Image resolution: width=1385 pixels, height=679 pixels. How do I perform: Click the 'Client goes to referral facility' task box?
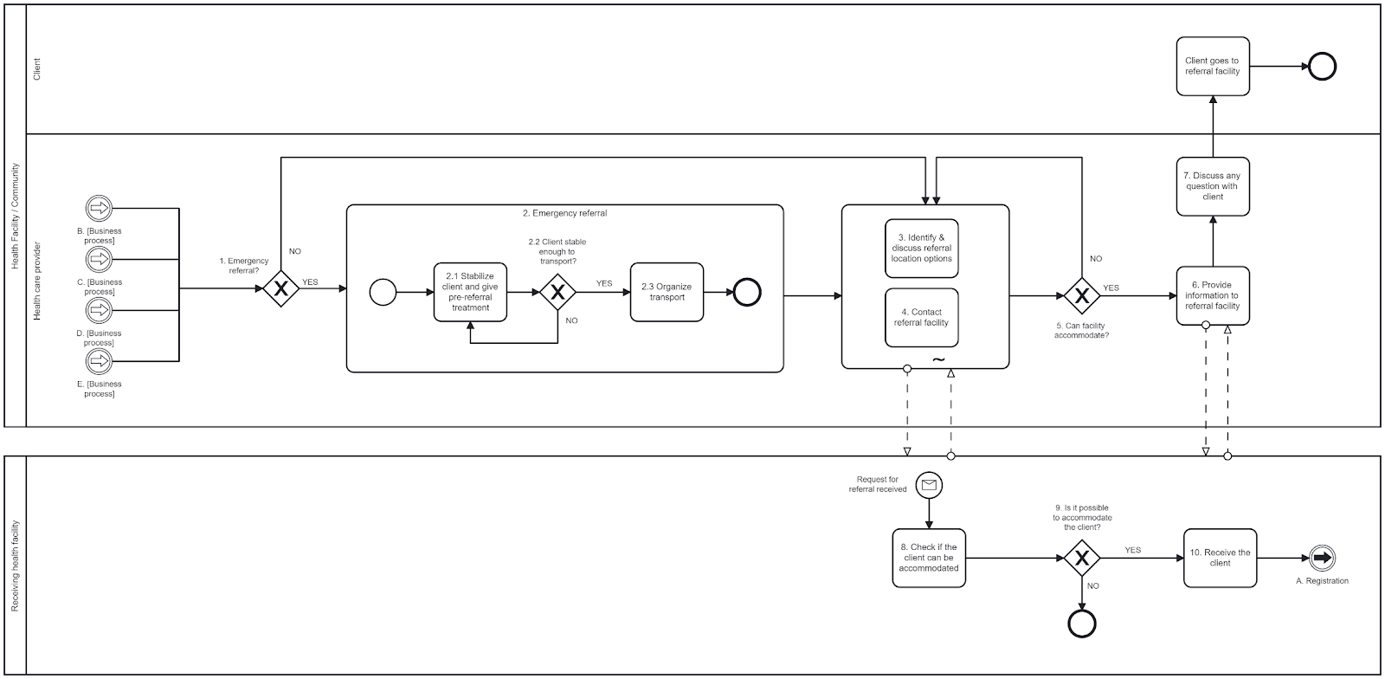(1212, 66)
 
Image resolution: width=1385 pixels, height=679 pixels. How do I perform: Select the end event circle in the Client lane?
(1322, 66)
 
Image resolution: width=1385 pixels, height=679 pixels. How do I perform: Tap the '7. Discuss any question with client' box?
(1212, 186)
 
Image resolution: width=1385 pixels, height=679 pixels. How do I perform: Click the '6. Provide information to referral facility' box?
(1212, 295)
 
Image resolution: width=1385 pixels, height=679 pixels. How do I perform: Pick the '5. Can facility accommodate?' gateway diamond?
(1081, 295)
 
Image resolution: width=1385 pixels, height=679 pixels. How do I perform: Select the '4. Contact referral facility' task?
(921, 317)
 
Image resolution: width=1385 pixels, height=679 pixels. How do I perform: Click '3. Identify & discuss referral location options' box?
(921, 248)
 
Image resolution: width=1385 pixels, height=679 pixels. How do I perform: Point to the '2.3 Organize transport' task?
(667, 292)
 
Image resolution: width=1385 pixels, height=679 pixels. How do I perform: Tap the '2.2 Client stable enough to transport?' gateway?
(557, 292)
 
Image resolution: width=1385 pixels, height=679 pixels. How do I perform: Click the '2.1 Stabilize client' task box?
(470, 292)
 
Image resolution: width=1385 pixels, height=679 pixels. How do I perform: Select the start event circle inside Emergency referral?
(383, 292)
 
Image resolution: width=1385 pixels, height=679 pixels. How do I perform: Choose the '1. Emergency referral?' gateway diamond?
(280, 288)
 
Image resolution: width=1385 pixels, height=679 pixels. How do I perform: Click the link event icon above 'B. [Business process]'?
(100, 208)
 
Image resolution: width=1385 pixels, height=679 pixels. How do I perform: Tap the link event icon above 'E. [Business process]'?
(100, 360)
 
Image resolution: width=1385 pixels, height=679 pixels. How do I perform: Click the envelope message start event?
(929, 485)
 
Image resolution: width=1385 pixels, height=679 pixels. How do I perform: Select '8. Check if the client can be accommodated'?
(929, 558)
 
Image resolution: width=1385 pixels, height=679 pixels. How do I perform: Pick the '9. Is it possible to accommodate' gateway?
(1081, 558)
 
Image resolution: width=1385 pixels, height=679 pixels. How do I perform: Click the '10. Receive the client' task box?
(1220, 558)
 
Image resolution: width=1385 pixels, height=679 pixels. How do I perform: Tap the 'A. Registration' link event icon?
(1322, 558)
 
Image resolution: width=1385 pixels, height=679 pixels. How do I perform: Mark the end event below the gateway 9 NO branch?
(1082, 623)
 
